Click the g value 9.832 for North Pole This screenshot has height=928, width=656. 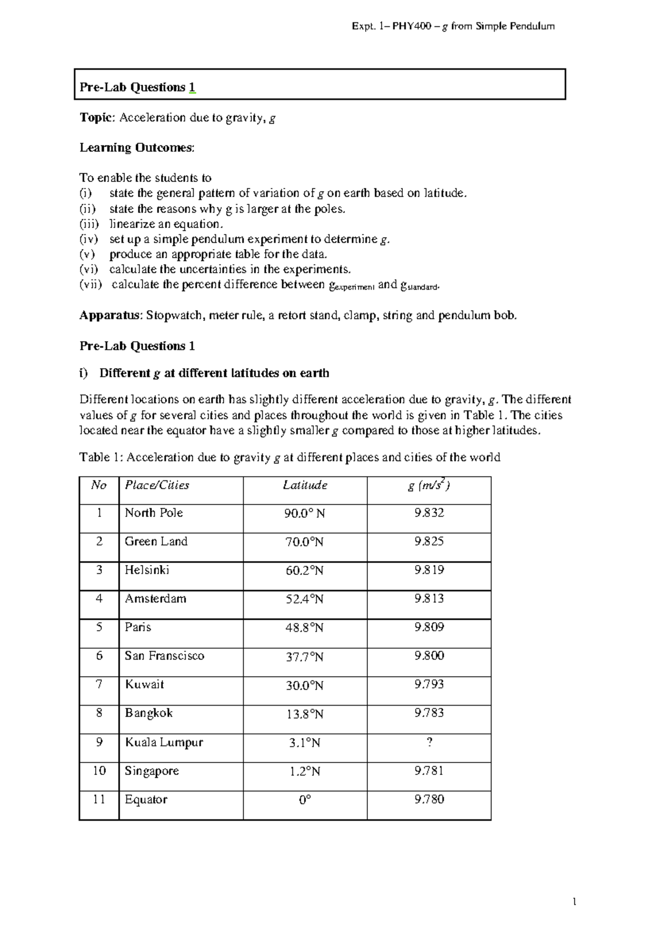(x=429, y=513)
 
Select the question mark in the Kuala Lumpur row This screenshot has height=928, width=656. (x=429, y=742)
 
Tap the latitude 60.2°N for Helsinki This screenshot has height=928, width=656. (x=304, y=571)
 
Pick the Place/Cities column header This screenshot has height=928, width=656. (x=157, y=485)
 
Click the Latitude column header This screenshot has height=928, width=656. (x=304, y=485)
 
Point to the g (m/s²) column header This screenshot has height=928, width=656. (x=429, y=485)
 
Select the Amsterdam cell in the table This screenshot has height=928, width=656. (x=155, y=599)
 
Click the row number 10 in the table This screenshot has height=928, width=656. (x=99, y=771)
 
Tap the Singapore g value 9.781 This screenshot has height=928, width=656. (x=429, y=771)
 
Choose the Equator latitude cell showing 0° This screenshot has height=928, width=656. (x=304, y=800)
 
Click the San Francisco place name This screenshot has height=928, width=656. (x=164, y=656)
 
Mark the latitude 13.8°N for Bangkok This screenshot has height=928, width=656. (x=304, y=714)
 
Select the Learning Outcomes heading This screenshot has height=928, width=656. (x=137, y=148)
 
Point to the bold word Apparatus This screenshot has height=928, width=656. (x=110, y=315)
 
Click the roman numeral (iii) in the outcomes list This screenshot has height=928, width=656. (x=89, y=224)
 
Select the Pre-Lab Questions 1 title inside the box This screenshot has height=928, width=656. (x=137, y=87)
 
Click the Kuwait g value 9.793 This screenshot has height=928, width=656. (x=429, y=685)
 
